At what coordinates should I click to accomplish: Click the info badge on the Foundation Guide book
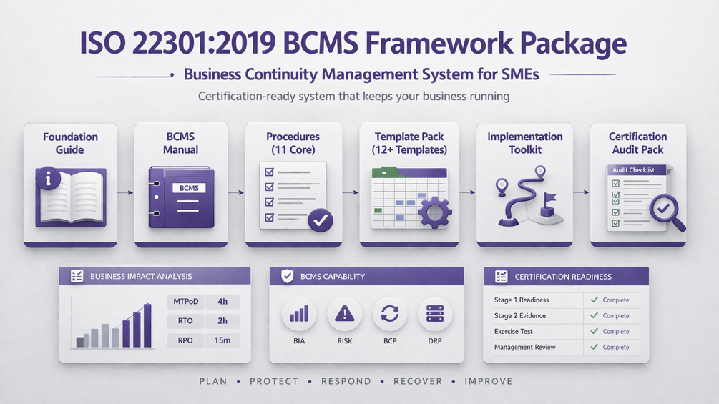[x=48, y=178]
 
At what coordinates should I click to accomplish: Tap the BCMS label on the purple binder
[x=189, y=188]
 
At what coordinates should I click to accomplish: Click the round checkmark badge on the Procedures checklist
[x=321, y=220]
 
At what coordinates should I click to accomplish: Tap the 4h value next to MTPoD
[x=222, y=302]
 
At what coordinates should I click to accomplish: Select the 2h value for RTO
[x=222, y=320]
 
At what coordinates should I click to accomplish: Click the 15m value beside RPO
[x=222, y=340]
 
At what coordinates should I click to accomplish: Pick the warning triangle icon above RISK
[x=345, y=314]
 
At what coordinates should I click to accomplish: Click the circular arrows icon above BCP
[x=390, y=314]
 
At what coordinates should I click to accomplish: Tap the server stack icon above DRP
[x=435, y=314]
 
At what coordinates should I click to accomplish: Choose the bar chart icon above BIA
[x=299, y=314]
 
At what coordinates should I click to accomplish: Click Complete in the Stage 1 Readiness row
[x=616, y=300]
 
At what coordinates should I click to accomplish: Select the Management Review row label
[x=524, y=348]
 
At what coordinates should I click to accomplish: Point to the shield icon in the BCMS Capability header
[x=287, y=276]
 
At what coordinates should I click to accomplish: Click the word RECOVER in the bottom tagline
[x=418, y=381]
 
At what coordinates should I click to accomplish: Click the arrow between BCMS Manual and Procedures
[x=236, y=192]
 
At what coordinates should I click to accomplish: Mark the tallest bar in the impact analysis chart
[x=147, y=325]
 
